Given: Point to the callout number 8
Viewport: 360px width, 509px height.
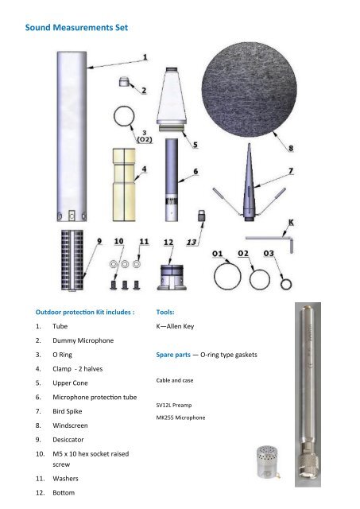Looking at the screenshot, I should pyautogui.click(x=290, y=146).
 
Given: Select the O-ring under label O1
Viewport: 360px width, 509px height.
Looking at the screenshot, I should pyautogui.click(x=228, y=279).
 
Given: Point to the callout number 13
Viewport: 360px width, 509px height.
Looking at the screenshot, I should pyautogui.click(x=192, y=242).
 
